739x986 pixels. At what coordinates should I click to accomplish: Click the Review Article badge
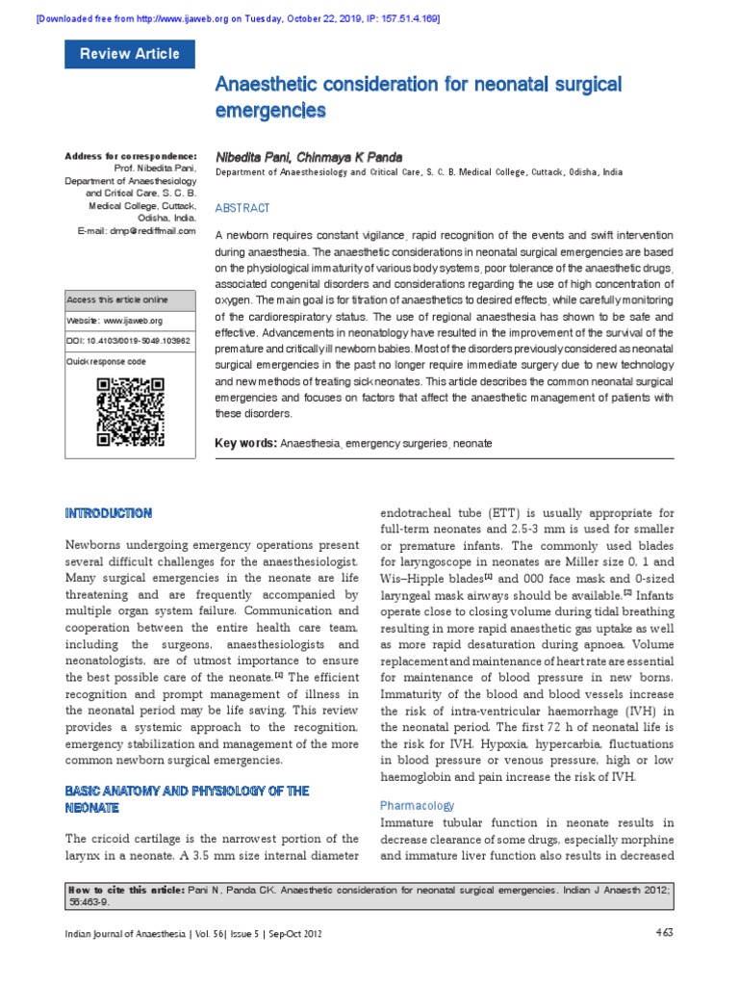[x=129, y=54]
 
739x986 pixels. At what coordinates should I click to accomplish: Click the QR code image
[x=130, y=413]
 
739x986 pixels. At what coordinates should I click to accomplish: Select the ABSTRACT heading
[x=242, y=208]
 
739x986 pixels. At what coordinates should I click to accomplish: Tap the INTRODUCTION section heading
[x=107, y=513]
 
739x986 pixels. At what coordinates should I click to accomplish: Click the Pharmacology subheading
[x=418, y=805]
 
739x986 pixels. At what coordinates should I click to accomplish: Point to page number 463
[x=664, y=931]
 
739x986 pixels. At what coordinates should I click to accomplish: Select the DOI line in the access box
[x=127, y=341]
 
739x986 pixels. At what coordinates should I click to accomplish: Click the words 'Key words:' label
[x=245, y=443]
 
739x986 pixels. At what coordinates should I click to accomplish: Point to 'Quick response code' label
[x=106, y=361]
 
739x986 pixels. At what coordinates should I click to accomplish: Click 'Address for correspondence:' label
[x=130, y=156]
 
